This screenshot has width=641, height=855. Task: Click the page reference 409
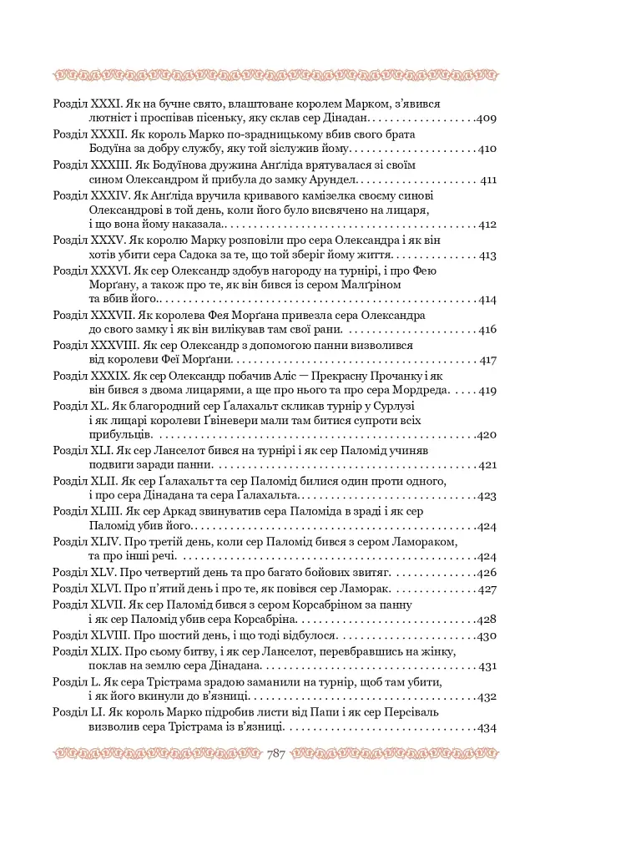tap(486, 119)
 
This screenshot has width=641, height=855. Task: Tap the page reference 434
tap(486, 727)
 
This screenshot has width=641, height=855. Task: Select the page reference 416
tap(486, 330)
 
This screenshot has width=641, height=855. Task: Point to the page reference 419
tap(486, 390)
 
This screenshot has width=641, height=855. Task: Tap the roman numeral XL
tap(97, 406)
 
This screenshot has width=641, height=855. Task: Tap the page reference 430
tap(486, 635)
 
